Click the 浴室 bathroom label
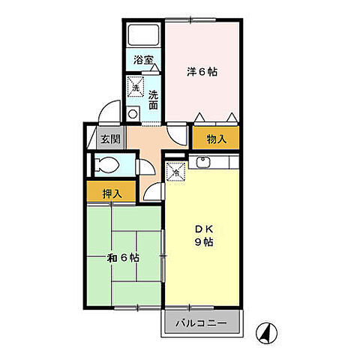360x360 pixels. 142,58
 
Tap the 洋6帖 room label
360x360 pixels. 202,72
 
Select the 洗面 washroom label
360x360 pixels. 153,100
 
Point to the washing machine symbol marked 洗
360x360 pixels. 136,88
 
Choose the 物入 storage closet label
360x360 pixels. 216,138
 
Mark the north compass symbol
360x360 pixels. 266,330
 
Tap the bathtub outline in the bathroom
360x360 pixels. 142,35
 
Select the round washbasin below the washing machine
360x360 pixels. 133,115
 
